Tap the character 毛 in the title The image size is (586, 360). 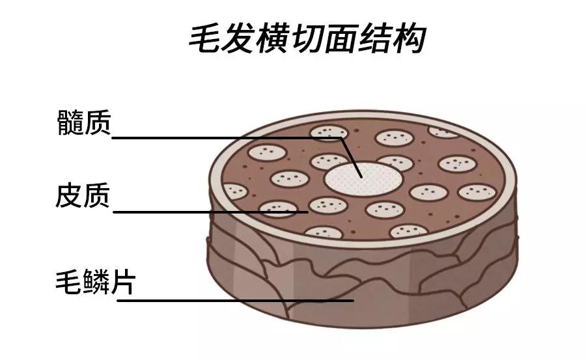pyautogui.click(x=206, y=40)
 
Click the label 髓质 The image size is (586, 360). pyautogui.click(x=84, y=122)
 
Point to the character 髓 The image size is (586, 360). pyautogui.click(x=70, y=122)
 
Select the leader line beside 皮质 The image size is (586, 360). pyautogui.click(x=208, y=212)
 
